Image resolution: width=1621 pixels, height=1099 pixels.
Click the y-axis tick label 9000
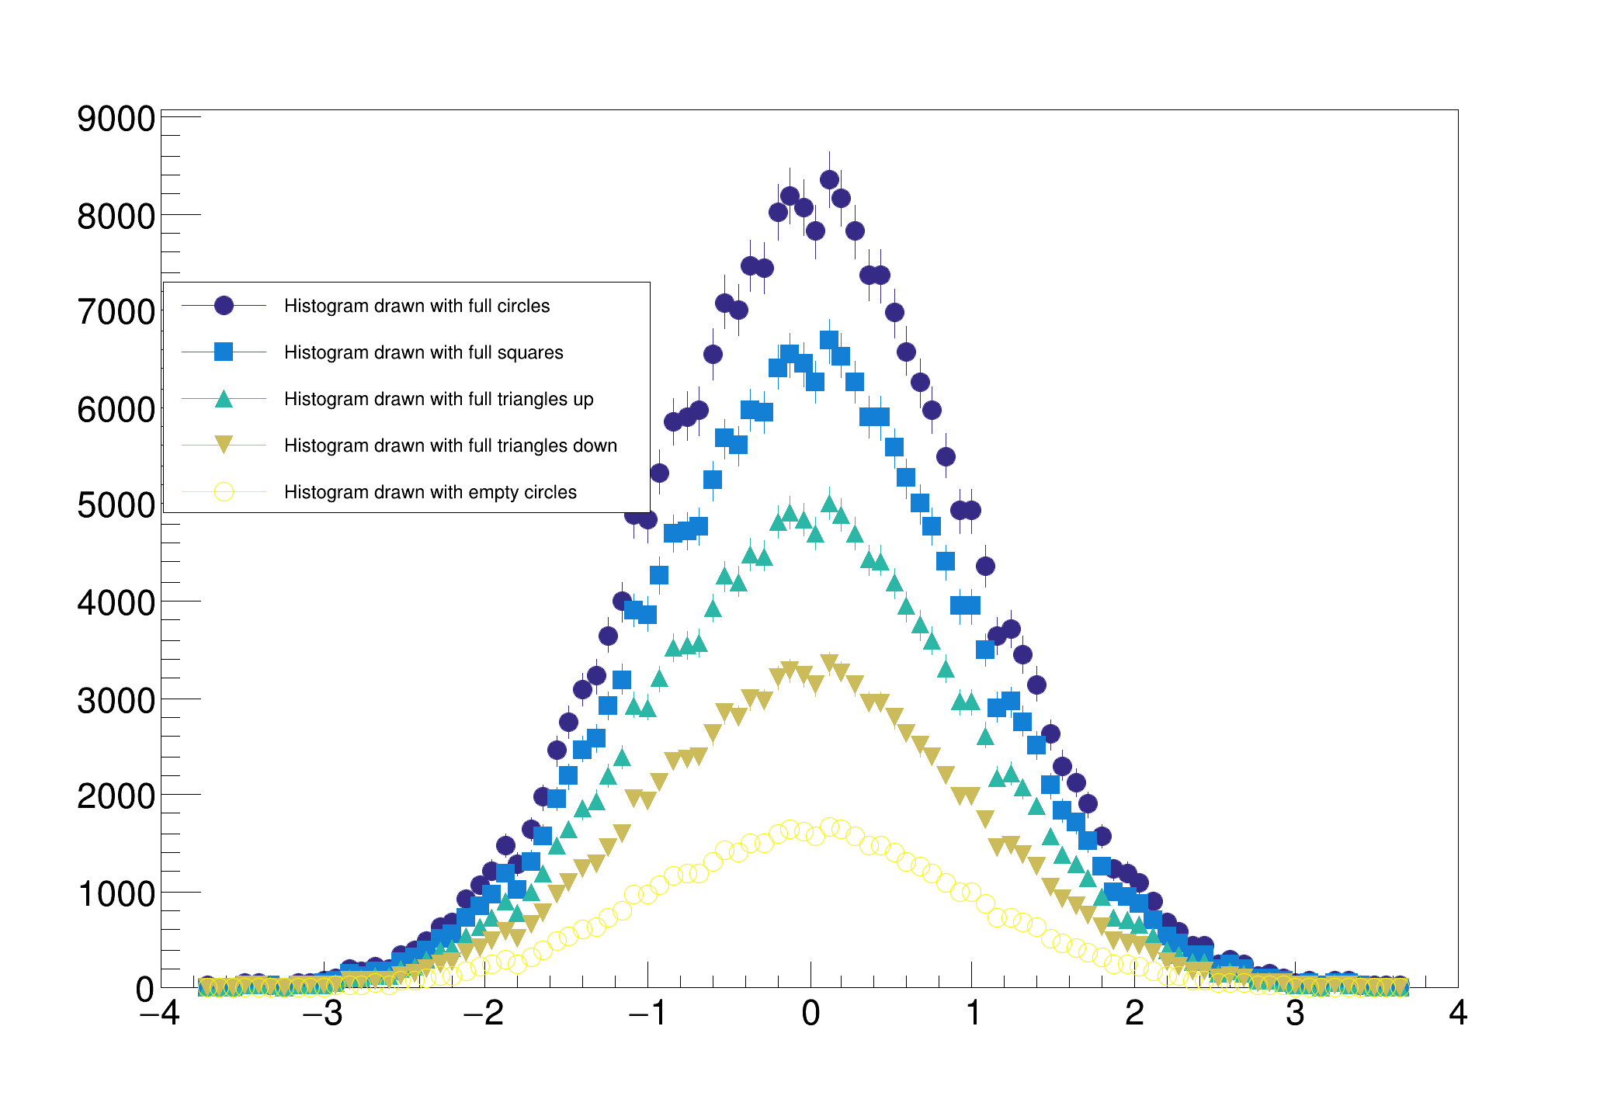116,120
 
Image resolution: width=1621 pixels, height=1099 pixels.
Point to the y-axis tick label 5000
116,506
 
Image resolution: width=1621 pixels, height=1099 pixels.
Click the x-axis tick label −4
160,1014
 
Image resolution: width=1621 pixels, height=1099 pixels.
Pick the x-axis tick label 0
810,1014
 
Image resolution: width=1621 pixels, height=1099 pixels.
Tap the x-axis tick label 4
1457,1014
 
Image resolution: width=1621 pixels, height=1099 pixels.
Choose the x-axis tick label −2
483,1014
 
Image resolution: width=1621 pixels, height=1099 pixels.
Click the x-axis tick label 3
1295,1014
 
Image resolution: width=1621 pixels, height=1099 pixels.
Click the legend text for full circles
416,306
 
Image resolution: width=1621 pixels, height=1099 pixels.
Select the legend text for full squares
423,352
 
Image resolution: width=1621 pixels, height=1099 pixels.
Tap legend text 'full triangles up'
438,399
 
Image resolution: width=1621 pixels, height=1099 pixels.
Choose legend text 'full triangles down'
450,445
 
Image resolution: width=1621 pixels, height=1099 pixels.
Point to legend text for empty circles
430,492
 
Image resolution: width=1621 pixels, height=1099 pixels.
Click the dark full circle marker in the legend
224,306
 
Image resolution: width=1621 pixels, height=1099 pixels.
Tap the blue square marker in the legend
224,352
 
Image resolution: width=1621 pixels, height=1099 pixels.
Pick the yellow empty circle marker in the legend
224,492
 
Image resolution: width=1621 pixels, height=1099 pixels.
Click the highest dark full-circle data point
829,179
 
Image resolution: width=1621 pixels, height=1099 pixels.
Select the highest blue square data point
829,340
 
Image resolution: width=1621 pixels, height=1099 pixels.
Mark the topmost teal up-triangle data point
829,504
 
